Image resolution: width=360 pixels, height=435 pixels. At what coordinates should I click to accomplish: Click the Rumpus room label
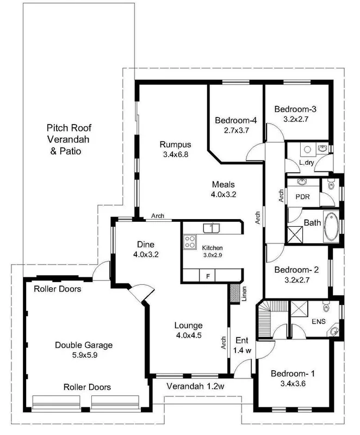(x=175, y=144)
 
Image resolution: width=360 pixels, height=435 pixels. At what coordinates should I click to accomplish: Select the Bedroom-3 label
(x=295, y=109)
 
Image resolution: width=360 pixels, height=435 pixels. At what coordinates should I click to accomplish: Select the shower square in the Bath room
(x=295, y=234)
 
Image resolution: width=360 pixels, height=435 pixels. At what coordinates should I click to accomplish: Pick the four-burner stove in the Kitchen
(x=190, y=241)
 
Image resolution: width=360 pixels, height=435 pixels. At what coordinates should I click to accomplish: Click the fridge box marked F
(x=207, y=276)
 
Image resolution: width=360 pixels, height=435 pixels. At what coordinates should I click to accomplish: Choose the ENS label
(x=318, y=321)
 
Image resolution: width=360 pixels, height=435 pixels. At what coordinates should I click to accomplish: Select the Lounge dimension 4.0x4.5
(x=188, y=335)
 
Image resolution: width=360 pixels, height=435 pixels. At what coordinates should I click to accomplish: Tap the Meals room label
(x=223, y=184)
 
